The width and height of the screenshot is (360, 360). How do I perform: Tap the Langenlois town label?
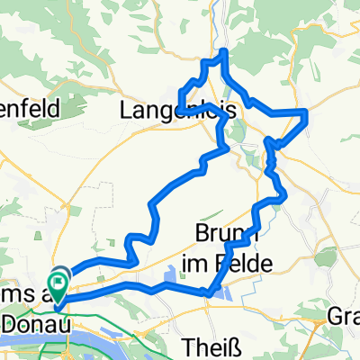(x=162, y=112)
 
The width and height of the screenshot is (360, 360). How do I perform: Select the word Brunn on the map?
(x=221, y=235)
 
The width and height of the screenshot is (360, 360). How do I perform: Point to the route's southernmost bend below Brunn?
(x=209, y=292)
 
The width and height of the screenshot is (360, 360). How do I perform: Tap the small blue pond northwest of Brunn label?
(x=171, y=275)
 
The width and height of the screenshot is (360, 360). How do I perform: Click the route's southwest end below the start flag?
(x=57, y=304)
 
